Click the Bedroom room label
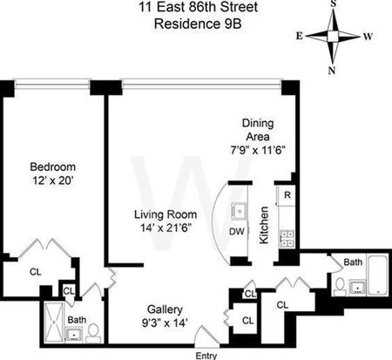[x=53, y=167]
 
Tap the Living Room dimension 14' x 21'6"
[x=166, y=228]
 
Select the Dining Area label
[x=258, y=130]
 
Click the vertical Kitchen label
[x=264, y=225]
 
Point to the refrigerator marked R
[x=287, y=195]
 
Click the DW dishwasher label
[x=237, y=232]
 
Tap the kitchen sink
[x=240, y=211]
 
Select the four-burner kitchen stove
[x=287, y=239]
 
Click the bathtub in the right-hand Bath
[x=377, y=275]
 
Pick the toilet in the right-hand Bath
[x=340, y=287]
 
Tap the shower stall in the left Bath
[x=54, y=323]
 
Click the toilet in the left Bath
[x=93, y=333]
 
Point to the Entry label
[x=206, y=356]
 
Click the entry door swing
[x=206, y=337]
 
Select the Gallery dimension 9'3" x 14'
[x=165, y=323]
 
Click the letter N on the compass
[x=332, y=71]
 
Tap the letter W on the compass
[x=368, y=37]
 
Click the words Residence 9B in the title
[x=198, y=24]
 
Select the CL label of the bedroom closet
[x=36, y=272]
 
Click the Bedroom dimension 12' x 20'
[x=52, y=180]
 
